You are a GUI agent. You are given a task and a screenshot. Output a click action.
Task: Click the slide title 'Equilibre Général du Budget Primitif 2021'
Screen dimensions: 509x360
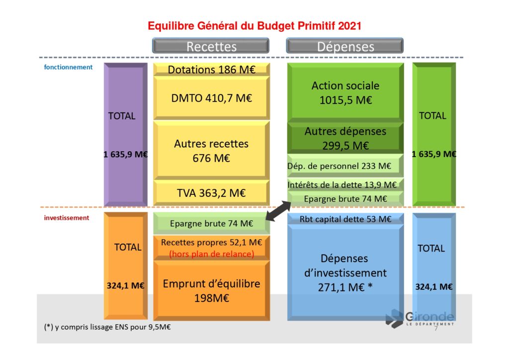[x=254, y=26]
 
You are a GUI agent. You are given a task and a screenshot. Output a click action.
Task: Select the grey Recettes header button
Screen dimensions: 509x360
[x=211, y=46]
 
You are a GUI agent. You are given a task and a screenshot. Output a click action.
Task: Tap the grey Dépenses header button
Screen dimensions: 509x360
[x=345, y=46]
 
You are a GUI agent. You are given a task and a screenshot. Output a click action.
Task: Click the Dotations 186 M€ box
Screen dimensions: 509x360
[x=211, y=70]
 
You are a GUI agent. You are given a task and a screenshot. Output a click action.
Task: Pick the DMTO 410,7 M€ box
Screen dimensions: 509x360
[x=211, y=98]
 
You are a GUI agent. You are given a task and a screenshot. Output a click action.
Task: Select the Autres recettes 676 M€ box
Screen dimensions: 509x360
[x=211, y=150]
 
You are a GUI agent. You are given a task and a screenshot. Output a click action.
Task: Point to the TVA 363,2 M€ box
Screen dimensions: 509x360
[x=211, y=193]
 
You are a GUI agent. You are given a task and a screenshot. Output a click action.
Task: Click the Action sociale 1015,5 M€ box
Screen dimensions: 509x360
[x=345, y=92]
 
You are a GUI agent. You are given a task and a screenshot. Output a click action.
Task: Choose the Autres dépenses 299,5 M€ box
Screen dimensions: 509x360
[x=345, y=138]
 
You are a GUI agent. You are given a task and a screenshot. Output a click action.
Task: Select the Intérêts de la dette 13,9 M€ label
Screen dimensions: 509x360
[x=342, y=184]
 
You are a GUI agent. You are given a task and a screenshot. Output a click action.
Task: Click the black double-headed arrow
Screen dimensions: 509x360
[x=278, y=211]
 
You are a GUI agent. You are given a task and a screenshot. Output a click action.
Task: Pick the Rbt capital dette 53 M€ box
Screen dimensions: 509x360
[x=345, y=219]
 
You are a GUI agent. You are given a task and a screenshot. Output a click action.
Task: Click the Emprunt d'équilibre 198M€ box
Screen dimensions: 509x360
[x=211, y=290]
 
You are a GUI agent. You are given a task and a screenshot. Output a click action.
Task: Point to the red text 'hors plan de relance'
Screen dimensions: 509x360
[x=211, y=254]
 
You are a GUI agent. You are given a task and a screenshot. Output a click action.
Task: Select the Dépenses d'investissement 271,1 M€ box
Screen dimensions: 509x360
[x=345, y=272]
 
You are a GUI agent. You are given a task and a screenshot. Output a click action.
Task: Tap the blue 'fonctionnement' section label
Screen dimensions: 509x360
[x=68, y=67]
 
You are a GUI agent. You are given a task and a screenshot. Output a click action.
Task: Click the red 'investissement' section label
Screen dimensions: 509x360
[x=67, y=218]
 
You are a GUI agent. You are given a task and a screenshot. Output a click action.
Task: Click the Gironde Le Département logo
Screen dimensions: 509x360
[x=420, y=318]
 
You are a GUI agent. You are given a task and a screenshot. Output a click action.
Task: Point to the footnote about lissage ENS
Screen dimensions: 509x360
[x=107, y=327]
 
